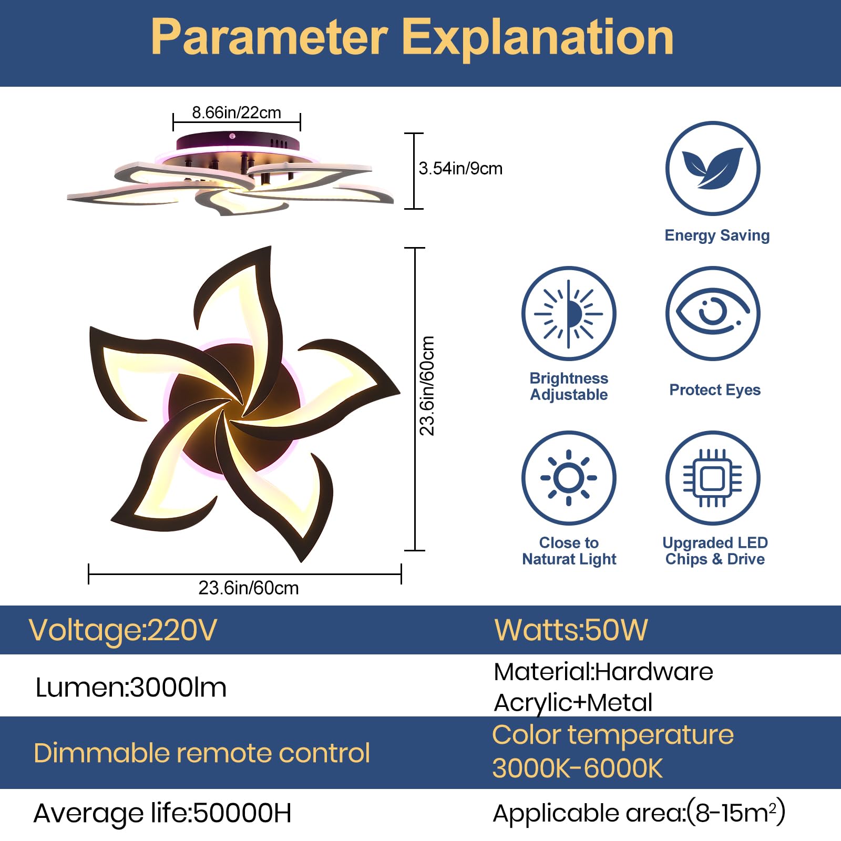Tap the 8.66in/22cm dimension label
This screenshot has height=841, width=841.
coord(236,112)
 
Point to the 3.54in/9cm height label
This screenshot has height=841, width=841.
coord(460,168)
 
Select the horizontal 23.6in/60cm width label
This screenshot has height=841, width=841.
coord(248,588)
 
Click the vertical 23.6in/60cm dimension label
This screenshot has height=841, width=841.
coord(427,386)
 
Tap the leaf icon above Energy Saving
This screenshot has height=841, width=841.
coord(713,168)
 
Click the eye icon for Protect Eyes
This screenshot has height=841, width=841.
coord(713,313)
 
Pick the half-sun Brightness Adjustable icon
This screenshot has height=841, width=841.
coord(569,314)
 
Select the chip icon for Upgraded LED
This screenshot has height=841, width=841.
coord(713,478)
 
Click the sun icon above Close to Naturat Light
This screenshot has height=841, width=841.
coord(569,478)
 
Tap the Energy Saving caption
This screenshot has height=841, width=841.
coord(717,235)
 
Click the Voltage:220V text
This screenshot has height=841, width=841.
coord(122,630)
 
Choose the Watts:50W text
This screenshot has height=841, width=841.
coord(571,630)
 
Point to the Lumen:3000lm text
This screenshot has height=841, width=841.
coord(131,687)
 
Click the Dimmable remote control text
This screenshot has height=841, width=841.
coord(202,753)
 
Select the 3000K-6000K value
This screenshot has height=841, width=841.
coord(577,768)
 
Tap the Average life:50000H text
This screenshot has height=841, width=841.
coord(162,813)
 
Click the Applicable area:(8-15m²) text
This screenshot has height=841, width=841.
coord(639,813)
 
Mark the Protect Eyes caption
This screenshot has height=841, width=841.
coord(715,390)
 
